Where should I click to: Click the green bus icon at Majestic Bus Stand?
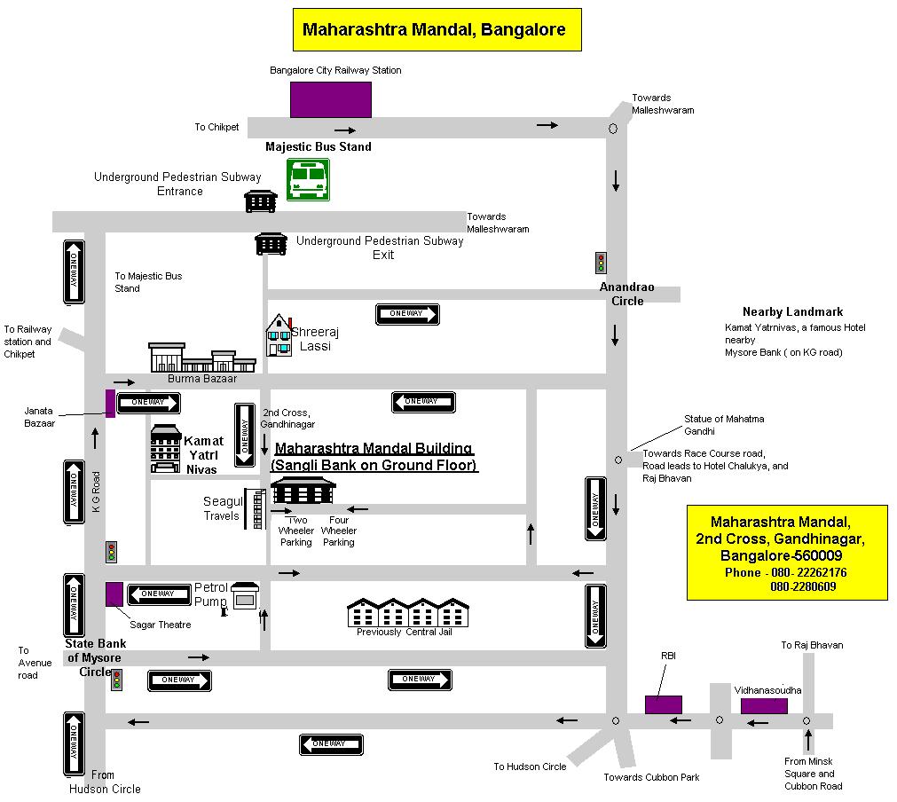(x=308, y=180)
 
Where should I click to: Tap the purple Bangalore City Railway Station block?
(x=331, y=99)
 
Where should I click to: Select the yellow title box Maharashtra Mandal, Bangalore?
(x=437, y=30)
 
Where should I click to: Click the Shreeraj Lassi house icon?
(x=279, y=335)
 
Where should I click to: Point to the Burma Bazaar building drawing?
(x=202, y=358)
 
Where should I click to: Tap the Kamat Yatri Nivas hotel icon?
(x=166, y=449)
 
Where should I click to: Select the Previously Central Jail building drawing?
(x=408, y=612)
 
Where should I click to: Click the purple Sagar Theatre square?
(x=114, y=594)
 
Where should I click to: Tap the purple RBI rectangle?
(x=664, y=704)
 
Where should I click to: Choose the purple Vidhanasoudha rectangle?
(x=764, y=706)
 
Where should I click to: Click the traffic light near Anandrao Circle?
(x=601, y=263)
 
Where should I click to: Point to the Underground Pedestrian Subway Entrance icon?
(x=261, y=201)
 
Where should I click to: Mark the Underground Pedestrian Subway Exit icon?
(x=271, y=244)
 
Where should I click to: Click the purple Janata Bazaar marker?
(x=110, y=404)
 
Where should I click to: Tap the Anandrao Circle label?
(x=627, y=294)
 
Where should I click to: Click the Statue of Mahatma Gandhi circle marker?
(x=618, y=460)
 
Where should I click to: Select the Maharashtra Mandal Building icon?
(x=303, y=491)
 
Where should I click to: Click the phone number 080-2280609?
(x=803, y=586)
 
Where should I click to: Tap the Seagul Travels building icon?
(x=256, y=508)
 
